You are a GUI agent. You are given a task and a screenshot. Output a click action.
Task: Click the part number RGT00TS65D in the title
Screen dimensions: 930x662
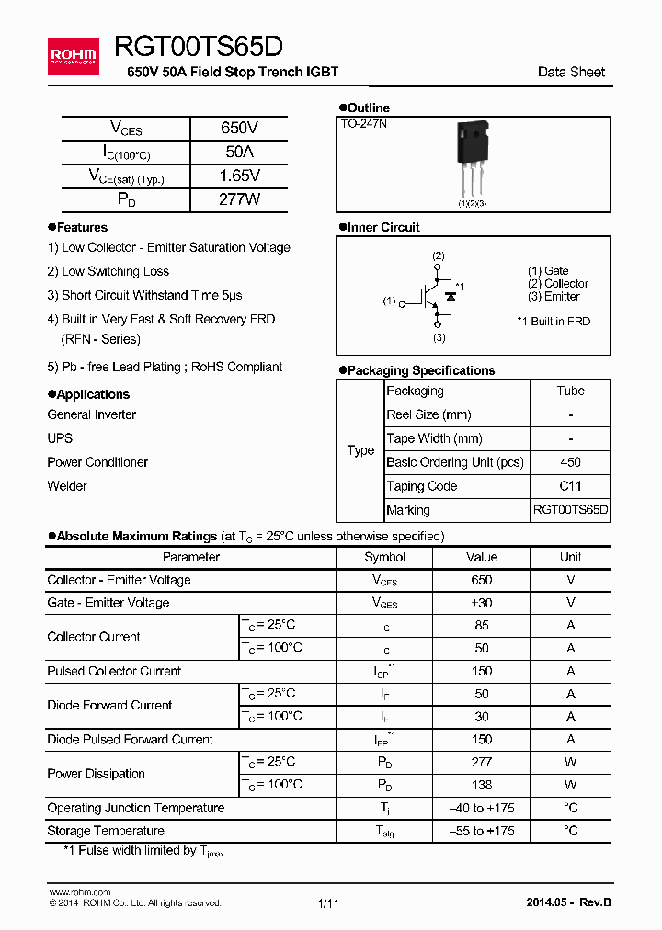point(199,47)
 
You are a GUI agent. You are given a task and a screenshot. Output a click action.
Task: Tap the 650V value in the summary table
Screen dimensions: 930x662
point(239,129)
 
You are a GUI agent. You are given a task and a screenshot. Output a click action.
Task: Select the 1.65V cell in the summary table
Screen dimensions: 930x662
point(239,176)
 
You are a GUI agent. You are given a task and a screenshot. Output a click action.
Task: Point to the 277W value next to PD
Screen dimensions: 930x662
point(239,199)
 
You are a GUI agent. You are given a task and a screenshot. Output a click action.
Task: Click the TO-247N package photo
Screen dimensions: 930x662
point(472,160)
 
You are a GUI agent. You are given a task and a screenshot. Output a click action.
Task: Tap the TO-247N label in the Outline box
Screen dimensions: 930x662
point(364,123)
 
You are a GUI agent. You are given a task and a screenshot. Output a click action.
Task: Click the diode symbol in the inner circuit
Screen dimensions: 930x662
point(451,297)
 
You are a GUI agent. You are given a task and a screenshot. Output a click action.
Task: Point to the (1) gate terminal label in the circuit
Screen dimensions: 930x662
point(389,301)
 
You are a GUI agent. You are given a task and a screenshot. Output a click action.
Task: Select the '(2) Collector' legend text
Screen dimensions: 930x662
point(557,284)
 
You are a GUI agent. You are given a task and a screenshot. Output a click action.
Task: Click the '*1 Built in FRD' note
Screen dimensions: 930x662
point(554,322)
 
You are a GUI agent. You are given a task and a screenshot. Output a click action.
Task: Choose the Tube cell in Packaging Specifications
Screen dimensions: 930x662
point(570,391)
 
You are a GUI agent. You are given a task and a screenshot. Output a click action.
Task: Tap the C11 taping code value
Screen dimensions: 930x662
point(570,487)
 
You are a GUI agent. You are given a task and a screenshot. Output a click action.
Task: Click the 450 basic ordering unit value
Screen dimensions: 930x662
point(570,463)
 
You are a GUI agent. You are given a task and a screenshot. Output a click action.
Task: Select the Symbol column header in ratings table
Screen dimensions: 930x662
point(384,557)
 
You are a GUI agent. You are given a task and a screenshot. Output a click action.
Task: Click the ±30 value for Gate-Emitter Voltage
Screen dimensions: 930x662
point(481,603)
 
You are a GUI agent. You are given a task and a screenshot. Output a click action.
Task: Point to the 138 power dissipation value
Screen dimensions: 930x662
point(481,785)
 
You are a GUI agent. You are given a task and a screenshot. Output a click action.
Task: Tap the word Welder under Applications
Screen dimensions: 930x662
point(67,486)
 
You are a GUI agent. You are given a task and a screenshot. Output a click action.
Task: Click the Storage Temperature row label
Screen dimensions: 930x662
point(106,831)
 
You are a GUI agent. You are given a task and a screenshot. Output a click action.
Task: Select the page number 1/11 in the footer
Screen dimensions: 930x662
point(328,903)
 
